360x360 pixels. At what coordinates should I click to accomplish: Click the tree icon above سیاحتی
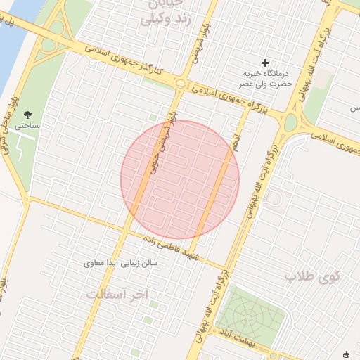click(x=27, y=113)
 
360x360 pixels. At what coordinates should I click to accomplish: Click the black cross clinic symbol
click(x=266, y=63)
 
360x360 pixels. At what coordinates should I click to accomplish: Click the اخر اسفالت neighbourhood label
click(x=117, y=293)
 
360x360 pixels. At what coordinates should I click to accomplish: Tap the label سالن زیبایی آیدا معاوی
click(x=123, y=264)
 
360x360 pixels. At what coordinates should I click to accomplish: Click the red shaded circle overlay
click(x=180, y=179)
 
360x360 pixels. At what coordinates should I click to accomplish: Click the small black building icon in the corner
click(x=346, y=354)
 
